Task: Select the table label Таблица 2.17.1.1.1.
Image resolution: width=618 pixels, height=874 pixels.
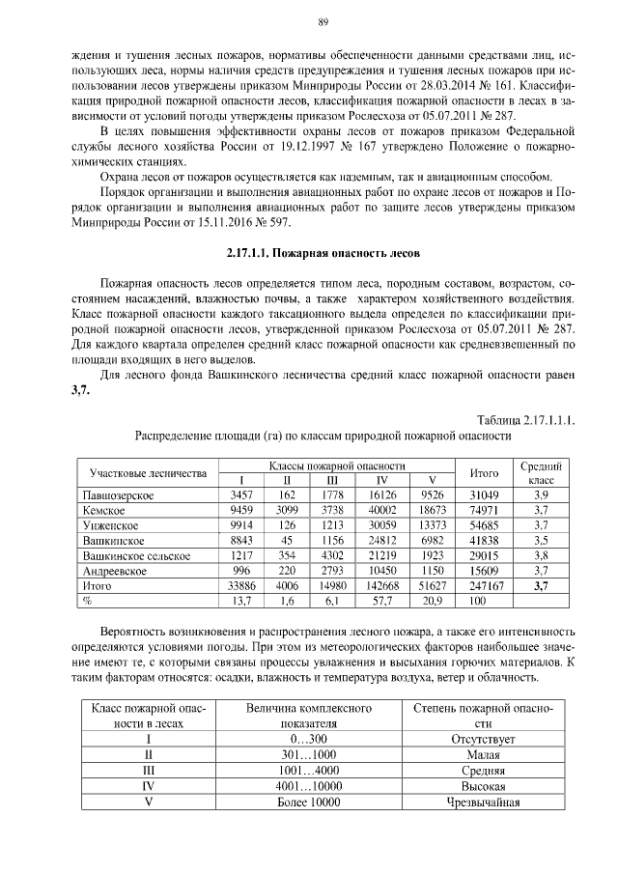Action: point(526,419)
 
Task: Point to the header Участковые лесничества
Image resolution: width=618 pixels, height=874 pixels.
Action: point(148,473)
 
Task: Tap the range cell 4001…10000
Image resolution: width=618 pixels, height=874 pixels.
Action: point(310,786)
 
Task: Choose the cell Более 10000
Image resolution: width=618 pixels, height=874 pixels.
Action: point(310,802)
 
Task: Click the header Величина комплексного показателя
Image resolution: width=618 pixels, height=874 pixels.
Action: point(310,716)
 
